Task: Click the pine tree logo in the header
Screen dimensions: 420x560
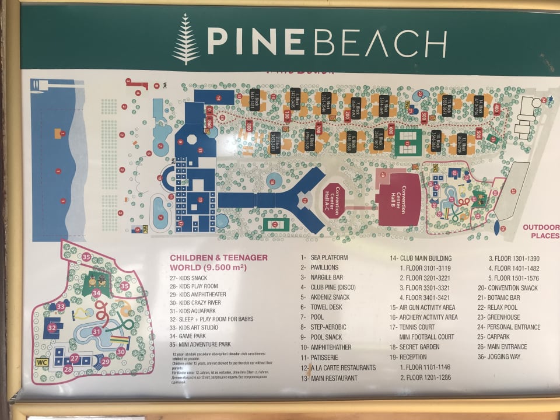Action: click(x=186, y=39)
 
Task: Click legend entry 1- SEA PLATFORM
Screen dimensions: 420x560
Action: click(x=324, y=257)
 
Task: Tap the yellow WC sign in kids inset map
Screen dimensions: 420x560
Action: click(x=41, y=362)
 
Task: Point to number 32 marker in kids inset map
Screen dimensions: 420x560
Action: click(x=52, y=328)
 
